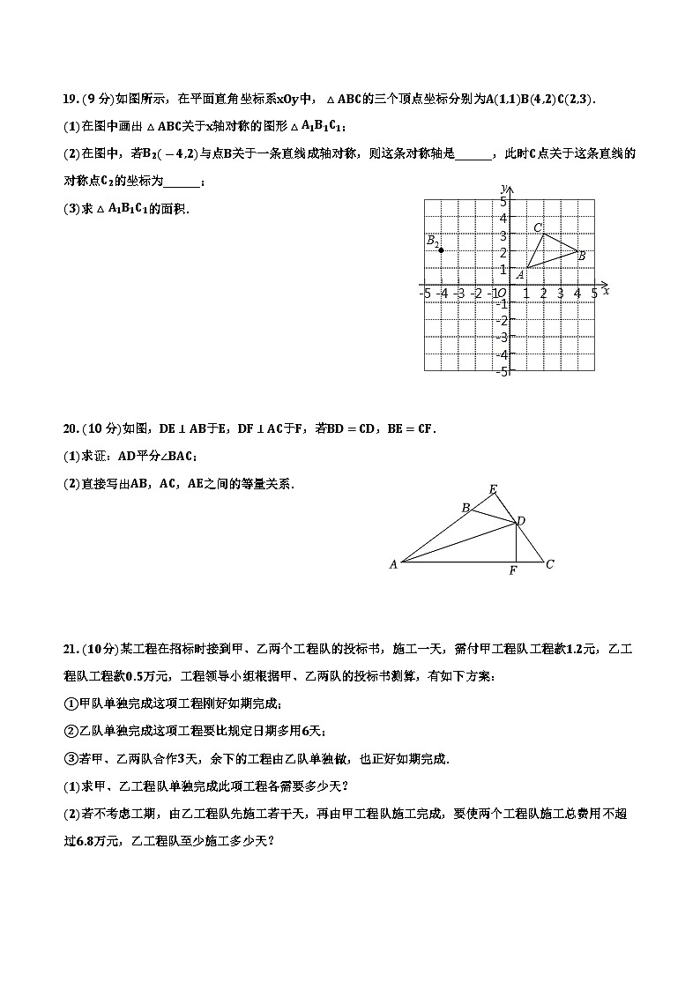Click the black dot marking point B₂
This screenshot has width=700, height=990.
tap(442, 250)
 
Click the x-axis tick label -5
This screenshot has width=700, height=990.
tap(425, 294)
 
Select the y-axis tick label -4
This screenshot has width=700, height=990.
tap(502, 354)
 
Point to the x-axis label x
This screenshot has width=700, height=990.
tap(607, 290)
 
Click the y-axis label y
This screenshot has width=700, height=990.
tap(502, 188)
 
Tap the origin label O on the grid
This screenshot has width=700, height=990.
tap(500, 294)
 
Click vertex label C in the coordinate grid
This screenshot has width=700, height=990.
tap(538, 227)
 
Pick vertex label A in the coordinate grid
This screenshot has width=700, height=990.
tap(520, 274)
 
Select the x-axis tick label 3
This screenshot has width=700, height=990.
tap(560, 294)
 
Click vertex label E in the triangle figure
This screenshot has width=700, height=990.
tap(492, 489)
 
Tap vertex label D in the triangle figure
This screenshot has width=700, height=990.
tap(522, 523)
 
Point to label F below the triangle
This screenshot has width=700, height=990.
tap(513, 571)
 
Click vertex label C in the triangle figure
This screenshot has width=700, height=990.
tap(549, 564)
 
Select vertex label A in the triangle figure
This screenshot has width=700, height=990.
tap(393, 564)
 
